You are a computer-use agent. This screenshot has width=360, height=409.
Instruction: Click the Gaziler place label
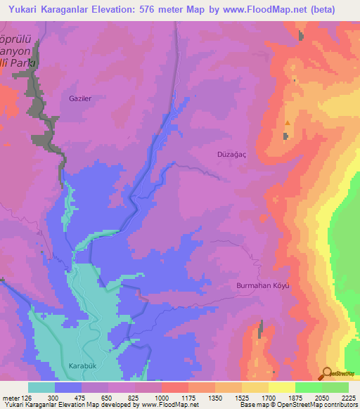pyautogui.click(x=80, y=99)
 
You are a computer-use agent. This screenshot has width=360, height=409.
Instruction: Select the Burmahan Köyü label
pyautogui.click(x=262, y=286)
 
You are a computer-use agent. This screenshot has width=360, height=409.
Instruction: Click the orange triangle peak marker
pyautogui.click(x=287, y=124)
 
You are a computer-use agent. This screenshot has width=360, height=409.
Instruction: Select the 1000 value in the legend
pyautogui.click(x=161, y=397)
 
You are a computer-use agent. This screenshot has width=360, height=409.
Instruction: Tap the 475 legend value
pyautogui.click(x=81, y=397)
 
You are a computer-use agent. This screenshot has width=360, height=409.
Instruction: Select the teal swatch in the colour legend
pyautogui.click(x=41, y=387)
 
